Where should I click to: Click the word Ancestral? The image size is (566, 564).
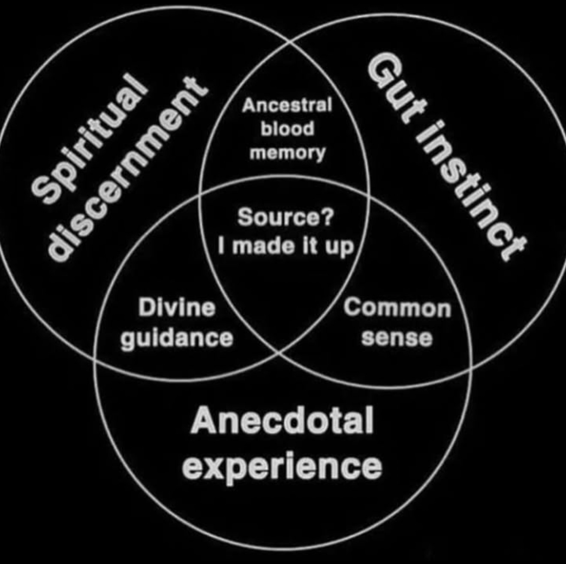(287, 105)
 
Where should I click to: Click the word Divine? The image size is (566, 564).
(177, 308)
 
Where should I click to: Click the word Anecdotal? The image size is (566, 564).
(282, 421)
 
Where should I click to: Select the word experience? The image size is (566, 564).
(282, 467)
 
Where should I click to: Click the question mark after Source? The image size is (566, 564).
(327, 217)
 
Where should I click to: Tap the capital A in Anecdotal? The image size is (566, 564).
(204, 421)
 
